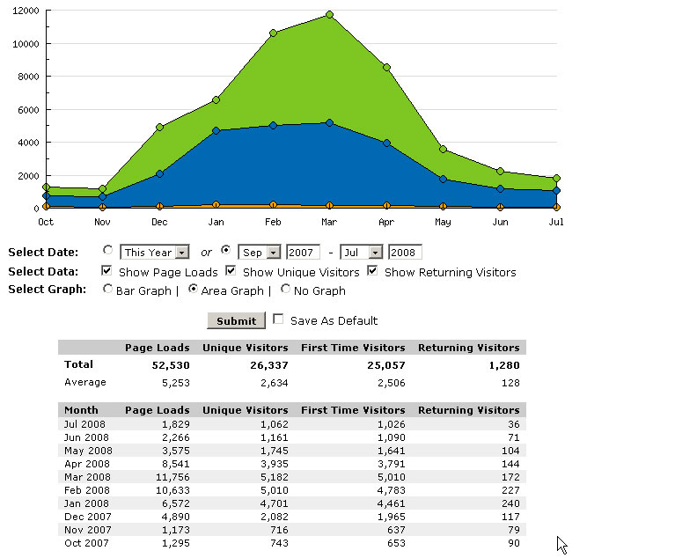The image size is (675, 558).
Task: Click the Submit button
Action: click(236, 320)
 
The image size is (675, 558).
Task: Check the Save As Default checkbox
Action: click(279, 319)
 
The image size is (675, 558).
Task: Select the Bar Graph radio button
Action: click(107, 289)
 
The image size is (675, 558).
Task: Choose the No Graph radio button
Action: click(286, 289)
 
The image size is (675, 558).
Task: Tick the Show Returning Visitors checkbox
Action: click(373, 271)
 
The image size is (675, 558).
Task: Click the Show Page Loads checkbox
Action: click(107, 271)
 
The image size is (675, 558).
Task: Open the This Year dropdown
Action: click(156, 253)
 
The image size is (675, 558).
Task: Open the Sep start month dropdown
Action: click(260, 253)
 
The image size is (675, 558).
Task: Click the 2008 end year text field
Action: click(405, 253)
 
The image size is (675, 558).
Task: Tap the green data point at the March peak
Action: click(329, 15)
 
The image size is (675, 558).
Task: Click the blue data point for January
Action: click(216, 131)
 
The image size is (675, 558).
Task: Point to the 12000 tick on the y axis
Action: click(26, 11)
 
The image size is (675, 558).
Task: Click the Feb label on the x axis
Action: click(273, 223)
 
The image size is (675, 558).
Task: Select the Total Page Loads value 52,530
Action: click(169, 364)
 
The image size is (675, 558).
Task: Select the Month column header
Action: click(82, 410)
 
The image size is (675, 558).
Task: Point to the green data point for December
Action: click(159, 128)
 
